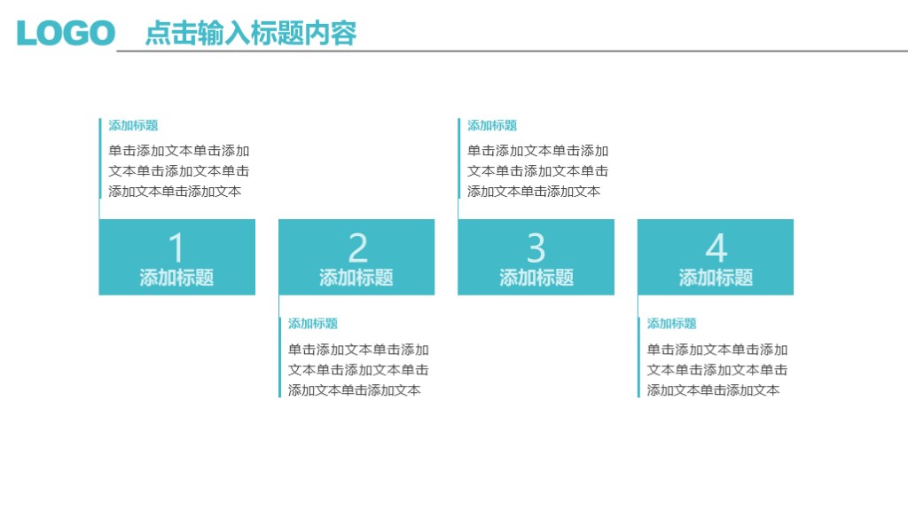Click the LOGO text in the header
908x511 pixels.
click(x=66, y=33)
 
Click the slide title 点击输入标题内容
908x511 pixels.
click(x=251, y=33)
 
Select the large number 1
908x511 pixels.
click(x=176, y=248)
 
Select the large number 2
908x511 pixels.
click(x=357, y=248)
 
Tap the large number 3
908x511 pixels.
click(x=536, y=248)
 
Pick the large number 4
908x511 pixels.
click(x=716, y=248)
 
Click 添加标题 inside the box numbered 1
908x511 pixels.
click(x=176, y=278)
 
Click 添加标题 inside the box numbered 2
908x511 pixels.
click(x=356, y=278)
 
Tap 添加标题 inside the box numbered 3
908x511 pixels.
click(x=536, y=278)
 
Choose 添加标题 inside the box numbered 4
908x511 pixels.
click(x=716, y=278)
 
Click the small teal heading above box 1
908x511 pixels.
click(x=133, y=126)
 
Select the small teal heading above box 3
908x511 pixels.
click(x=492, y=126)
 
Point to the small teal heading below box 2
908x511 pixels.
click(x=313, y=324)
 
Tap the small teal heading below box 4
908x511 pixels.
click(x=671, y=324)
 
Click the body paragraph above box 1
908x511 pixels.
click(x=179, y=170)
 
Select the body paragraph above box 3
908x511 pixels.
click(x=538, y=170)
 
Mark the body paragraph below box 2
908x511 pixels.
click(x=358, y=369)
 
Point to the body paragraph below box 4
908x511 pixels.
click(x=717, y=369)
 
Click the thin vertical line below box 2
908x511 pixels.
click(x=280, y=355)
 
